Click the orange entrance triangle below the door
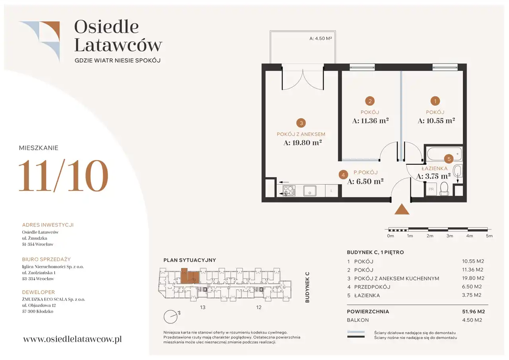tap(402, 209)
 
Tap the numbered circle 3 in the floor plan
tap(301, 123)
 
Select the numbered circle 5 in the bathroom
tap(449, 159)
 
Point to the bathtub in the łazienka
tap(444, 154)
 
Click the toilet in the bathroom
tap(444, 189)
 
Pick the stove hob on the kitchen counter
tap(289, 191)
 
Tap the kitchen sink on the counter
tap(310, 191)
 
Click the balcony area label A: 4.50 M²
tap(321, 39)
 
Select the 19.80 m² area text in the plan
tap(303, 143)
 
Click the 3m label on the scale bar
tap(450, 236)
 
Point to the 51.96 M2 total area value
tap(474, 311)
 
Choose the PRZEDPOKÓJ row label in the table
tap(372, 287)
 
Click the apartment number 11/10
tap(63, 175)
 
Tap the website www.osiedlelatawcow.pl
tap(72, 339)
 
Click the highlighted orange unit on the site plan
tap(190, 276)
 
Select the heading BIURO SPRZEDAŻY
tap(47, 259)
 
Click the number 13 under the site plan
tap(203, 307)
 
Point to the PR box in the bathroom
tap(431, 189)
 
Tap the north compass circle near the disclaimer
tap(171, 317)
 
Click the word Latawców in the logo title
tap(118, 45)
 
